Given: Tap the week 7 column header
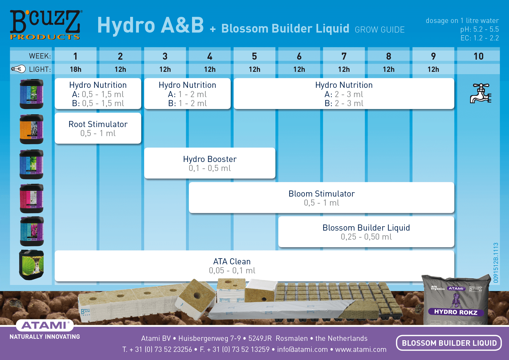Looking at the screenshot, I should (x=344, y=56).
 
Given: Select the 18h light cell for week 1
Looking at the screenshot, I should (x=76, y=69).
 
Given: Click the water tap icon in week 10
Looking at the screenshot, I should (x=480, y=93).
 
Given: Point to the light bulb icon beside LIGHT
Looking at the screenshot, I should (x=18, y=69).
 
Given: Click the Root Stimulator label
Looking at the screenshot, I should (x=98, y=124).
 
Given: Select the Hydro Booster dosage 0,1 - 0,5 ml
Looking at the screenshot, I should (x=209, y=168).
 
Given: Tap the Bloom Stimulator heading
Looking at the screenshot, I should (x=321, y=194).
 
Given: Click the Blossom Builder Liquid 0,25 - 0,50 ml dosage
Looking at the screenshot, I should (x=366, y=237).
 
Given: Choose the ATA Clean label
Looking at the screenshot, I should (x=232, y=261).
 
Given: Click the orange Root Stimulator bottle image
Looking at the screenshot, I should (x=31, y=129).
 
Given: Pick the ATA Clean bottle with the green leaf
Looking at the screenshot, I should (x=31, y=265).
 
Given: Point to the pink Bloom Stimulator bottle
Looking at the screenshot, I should (x=31, y=198).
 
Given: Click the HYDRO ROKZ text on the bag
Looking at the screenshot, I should (x=456, y=312).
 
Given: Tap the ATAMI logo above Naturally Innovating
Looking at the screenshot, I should (x=45, y=325).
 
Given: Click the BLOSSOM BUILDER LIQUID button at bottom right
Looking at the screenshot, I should (x=449, y=343).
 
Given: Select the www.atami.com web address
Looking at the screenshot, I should (x=361, y=350).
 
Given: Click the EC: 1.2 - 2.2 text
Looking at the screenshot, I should (x=479, y=38).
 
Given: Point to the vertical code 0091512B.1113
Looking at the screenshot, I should (x=496, y=263).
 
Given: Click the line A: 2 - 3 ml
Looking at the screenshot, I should (x=344, y=94).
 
